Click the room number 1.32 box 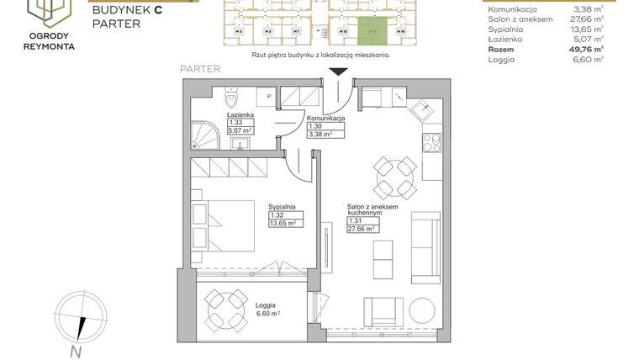point(279,215)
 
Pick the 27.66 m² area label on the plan point(362,228)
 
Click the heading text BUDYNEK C point(127,9)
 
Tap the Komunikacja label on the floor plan point(325,119)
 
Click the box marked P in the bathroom point(268,97)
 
